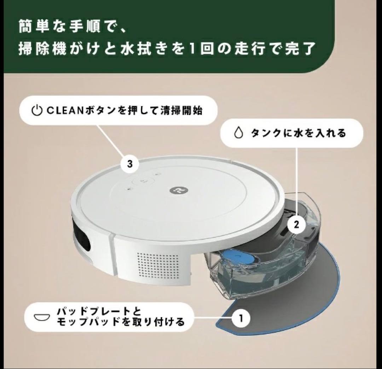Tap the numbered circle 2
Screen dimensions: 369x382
(x=297, y=224)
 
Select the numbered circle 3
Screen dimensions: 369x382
(x=129, y=164)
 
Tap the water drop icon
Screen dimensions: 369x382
(x=239, y=133)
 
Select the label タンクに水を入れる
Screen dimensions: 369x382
(x=298, y=133)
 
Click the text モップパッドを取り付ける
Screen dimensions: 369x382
(x=120, y=322)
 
